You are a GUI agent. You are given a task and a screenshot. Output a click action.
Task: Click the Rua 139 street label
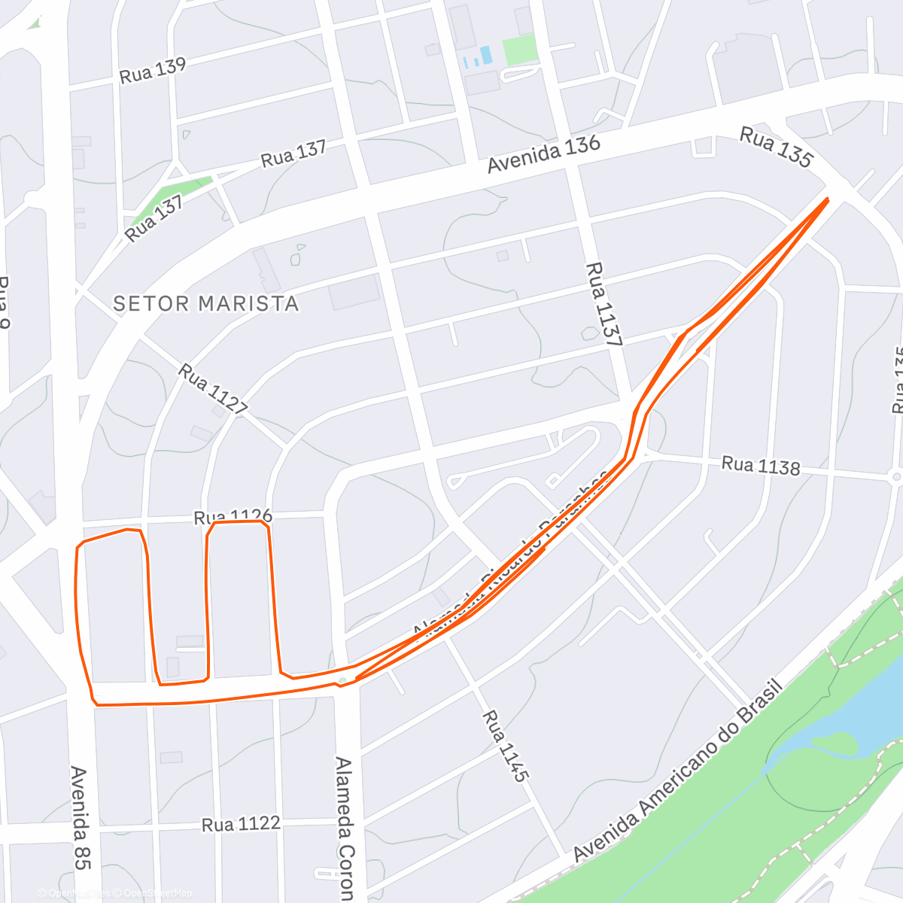[153, 71]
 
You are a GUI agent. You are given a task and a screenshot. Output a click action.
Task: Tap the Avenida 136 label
[543, 154]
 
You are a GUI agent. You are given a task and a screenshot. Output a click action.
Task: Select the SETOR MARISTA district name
[205, 304]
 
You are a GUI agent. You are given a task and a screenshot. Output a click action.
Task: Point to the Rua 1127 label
[213, 389]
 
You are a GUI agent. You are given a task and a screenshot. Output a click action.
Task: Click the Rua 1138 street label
[760, 466]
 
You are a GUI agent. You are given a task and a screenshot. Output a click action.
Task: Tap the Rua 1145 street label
[506, 745]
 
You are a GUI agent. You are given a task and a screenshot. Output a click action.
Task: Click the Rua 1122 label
[241, 825]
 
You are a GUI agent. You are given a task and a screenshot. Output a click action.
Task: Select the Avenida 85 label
[78, 817]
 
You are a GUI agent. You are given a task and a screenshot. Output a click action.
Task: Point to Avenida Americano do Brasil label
[678, 771]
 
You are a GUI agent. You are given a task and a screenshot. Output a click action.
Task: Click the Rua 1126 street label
[233, 517]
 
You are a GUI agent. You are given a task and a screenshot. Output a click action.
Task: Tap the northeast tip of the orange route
[827, 199]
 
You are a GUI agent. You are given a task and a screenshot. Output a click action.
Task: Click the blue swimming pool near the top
[486, 55]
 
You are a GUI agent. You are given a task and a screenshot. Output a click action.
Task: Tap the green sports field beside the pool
[520, 50]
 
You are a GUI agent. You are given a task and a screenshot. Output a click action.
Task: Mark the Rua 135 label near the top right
[776, 147]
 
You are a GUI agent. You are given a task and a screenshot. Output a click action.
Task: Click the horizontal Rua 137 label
[293, 154]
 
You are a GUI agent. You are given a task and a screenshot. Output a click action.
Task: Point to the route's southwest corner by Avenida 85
[96, 704]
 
